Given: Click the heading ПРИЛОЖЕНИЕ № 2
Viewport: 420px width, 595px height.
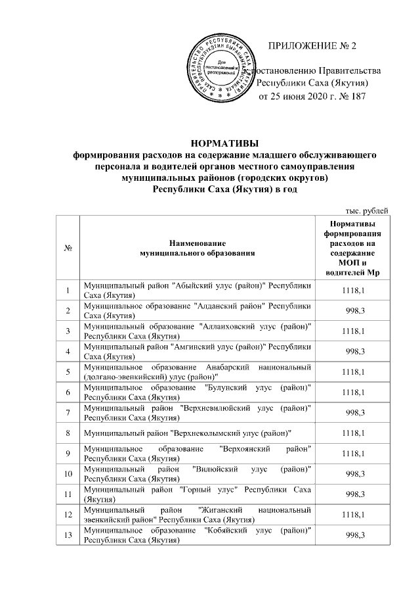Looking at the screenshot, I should pos(313,46).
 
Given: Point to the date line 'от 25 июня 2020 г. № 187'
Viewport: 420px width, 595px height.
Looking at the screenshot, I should pos(309,97).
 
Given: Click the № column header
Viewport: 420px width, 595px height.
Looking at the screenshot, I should pos(68,248).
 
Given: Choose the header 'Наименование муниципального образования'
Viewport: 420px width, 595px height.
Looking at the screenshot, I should pos(196,248).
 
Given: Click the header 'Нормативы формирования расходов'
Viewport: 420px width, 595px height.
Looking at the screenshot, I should pos(354,248).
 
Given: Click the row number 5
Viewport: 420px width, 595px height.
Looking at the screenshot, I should pos(68,372).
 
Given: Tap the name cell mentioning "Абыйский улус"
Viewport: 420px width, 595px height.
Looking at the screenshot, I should pos(196,291).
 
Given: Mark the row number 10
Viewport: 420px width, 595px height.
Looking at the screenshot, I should pos(68,474).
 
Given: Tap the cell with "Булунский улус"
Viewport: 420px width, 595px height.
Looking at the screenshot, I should pos(196,393).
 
